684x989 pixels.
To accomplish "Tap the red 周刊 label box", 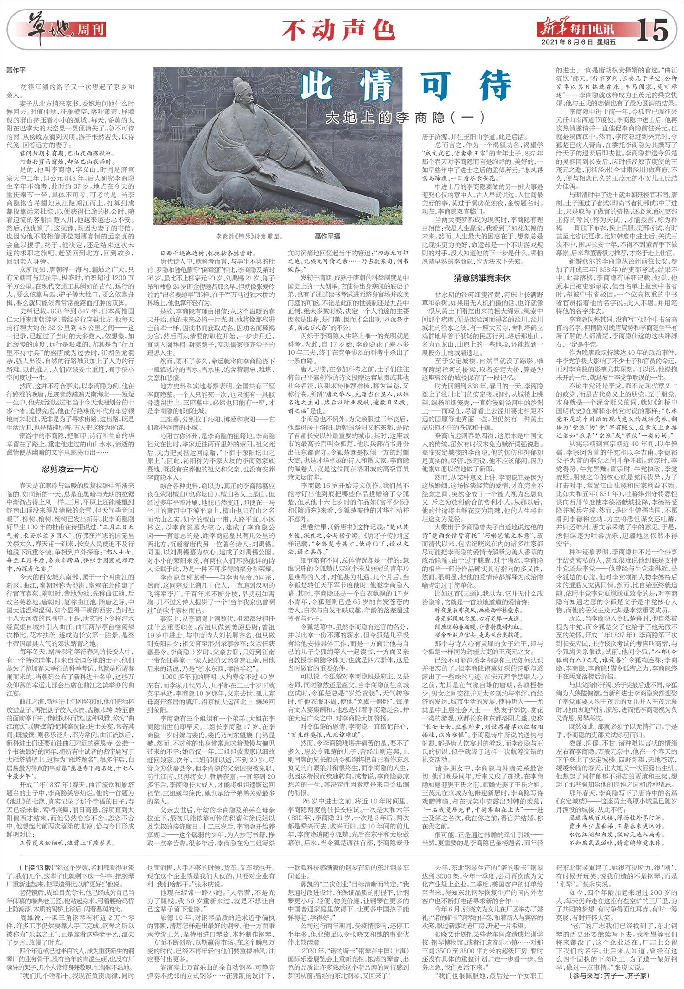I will tap(92, 30).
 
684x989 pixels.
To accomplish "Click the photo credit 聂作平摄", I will tap(327, 237).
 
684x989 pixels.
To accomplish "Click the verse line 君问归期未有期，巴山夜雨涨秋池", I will tap(64, 153).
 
